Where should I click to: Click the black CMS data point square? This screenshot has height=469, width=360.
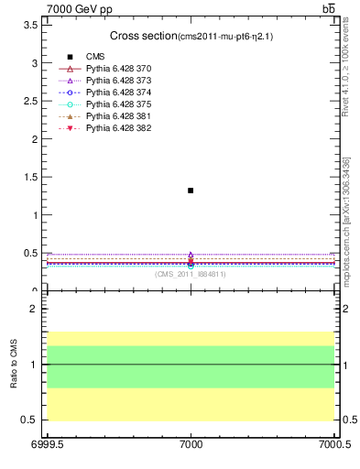point(191,191)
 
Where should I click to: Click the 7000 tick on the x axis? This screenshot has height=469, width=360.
point(191,446)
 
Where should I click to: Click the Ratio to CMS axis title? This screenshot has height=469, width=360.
point(14,364)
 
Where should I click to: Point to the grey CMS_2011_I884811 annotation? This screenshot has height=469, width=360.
point(190,274)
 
